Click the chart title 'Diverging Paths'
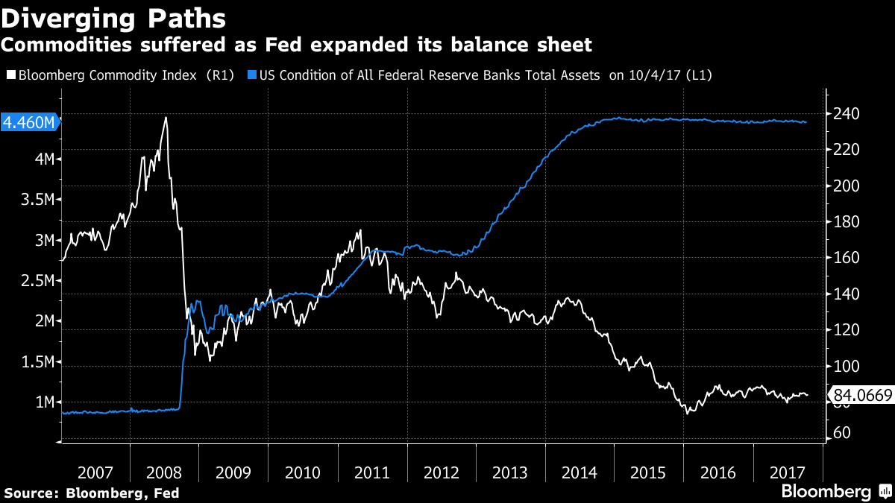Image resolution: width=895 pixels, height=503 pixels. tap(113, 16)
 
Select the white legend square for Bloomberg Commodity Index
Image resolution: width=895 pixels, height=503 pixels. tap(10, 75)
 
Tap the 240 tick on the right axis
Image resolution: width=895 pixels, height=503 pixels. tap(845, 114)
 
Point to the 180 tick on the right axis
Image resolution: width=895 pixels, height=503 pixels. tap(845, 222)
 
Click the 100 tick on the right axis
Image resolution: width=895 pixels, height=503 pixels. tap(845, 366)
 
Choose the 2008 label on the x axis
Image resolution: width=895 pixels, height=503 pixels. tap(164, 472)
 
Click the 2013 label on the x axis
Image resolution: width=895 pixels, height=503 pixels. tap(511, 472)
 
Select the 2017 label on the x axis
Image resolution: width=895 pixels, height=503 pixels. tap(788, 472)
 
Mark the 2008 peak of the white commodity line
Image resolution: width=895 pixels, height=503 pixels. tap(166, 118)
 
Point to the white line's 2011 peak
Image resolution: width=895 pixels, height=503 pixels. tap(360, 230)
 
